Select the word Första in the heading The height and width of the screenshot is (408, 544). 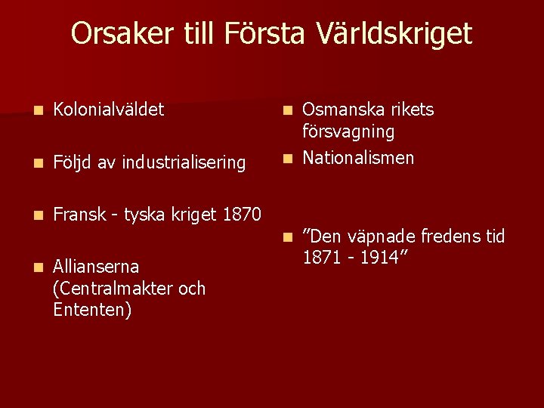pos(258,34)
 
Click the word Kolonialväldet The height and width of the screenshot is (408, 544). pos(109,110)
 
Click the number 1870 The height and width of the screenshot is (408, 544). pos(243,215)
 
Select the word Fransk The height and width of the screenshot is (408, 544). pos(79,215)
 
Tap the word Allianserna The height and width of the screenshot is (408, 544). pos(96,267)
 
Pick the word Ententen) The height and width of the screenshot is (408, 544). pos(92,310)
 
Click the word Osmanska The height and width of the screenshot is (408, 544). pos(338,110)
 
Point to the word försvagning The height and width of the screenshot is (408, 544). pos(348,131)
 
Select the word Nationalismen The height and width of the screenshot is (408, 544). pos(358,158)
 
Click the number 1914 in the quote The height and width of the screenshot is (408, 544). pos(379,258)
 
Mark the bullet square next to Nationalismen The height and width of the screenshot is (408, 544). pos(286,159)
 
